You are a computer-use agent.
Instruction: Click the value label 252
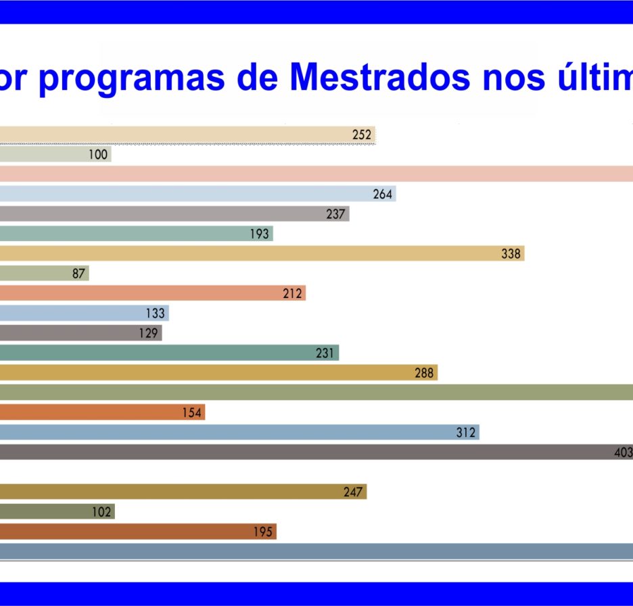click(361, 134)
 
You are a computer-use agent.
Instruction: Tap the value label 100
click(98, 155)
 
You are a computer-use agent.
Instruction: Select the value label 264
click(382, 195)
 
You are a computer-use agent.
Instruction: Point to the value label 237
click(335, 214)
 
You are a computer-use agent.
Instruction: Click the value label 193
click(259, 234)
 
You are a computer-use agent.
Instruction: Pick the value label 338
click(511, 253)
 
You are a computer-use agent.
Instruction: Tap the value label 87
click(78, 274)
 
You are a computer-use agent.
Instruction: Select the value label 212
click(292, 293)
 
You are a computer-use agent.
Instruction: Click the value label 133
click(156, 313)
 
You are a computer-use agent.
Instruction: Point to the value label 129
click(148, 334)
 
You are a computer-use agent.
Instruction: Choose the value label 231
click(325, 353)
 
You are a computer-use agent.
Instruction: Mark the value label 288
click(424, 373)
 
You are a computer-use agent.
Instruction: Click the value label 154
click(192, 413)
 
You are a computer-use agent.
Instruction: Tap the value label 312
click(466, 432)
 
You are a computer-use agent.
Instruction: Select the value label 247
click(353, 493)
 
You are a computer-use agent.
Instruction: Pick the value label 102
click(101, 512)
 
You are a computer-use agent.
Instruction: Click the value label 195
click(263, 532)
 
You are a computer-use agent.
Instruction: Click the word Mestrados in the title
click(380, 76)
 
